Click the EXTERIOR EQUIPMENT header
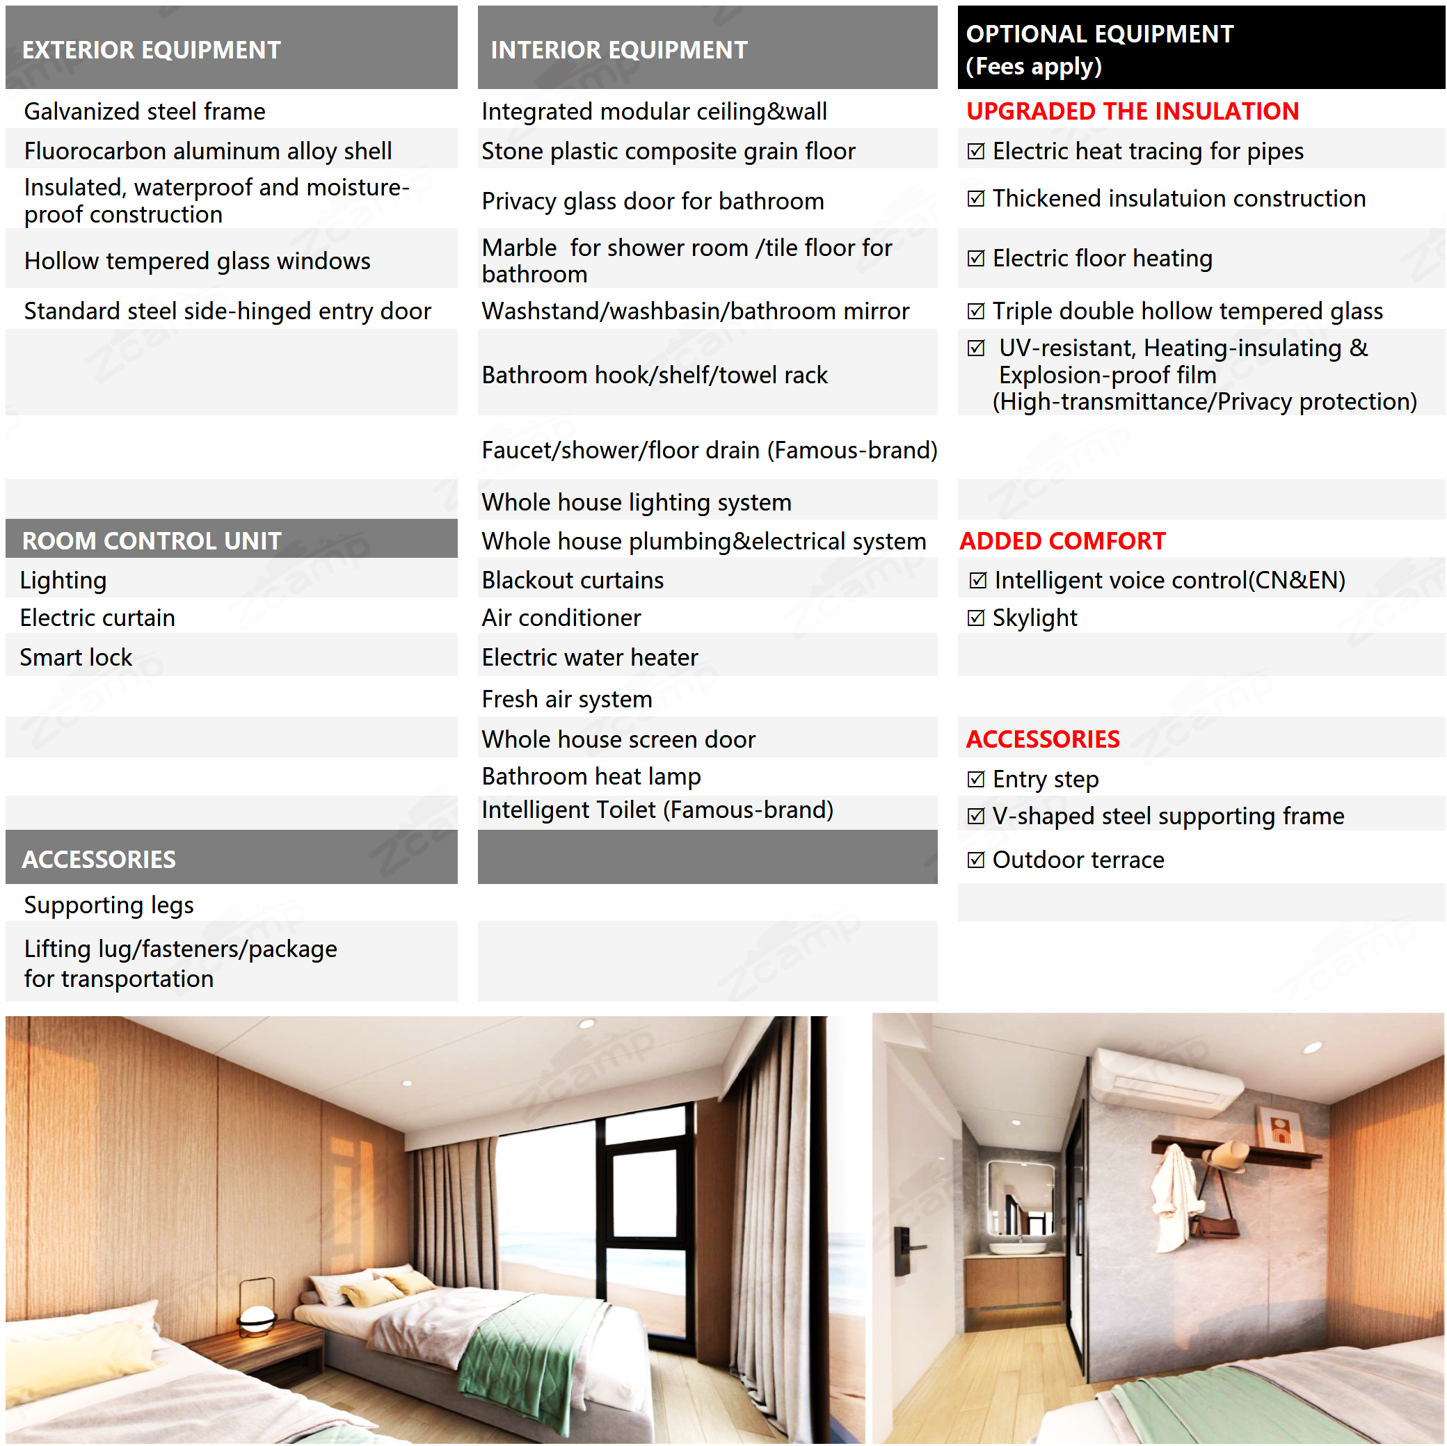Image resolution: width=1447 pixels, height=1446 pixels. coord(151,49)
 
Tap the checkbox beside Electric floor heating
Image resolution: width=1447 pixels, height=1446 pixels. coord(975,258)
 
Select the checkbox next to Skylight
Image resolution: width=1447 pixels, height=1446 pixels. coord(975,618)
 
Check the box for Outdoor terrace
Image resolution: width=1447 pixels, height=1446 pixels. coord(975,860)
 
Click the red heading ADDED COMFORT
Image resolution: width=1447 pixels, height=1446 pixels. coord(1062,540)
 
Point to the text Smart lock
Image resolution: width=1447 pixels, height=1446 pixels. coord(76,657)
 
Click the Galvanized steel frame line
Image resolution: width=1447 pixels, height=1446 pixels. coord(145,111)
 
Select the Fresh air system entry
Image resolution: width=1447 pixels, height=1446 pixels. coord(567,699)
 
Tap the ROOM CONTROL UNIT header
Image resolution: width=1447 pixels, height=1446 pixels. coord(151,540)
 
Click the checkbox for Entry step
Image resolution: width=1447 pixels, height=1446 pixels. coord(975,779)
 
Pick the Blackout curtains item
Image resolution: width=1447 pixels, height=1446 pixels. coord(573,580)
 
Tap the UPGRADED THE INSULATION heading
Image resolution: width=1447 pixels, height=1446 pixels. coord(1132,111)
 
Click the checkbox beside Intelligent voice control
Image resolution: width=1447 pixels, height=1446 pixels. coord(977,580)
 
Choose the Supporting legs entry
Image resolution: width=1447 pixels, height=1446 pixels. coord(109,905)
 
